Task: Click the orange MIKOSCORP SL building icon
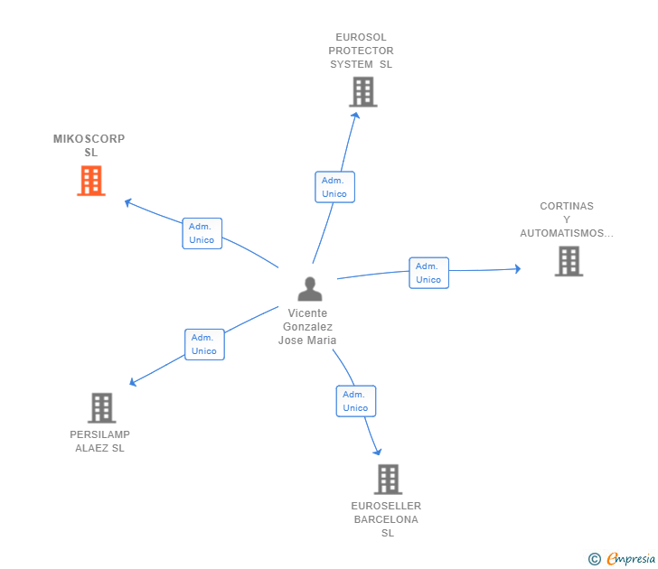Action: click(90, 181)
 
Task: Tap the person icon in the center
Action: click(310, 289)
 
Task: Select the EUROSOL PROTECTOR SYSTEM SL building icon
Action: click(362, 91)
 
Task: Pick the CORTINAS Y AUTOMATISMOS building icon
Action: click(569, 261)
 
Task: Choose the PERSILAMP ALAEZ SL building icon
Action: click(102, 408)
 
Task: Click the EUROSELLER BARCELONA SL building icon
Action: click(388, 479)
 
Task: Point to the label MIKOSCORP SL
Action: click(89, 145)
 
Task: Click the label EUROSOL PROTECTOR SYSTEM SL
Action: click(361, 51)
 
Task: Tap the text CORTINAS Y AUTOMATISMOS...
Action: click(567, 219)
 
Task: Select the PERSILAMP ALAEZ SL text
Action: click(99, 442)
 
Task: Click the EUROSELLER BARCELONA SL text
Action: click(387, 519)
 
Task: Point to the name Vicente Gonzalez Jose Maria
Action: click(307, 327)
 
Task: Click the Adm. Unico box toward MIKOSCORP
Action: click(202, 233)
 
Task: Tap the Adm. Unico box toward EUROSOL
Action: click(334, 187)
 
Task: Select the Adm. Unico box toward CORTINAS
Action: click(428, 273)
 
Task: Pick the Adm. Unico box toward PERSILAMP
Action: click(204, 344)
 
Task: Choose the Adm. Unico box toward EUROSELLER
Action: click(355, 401)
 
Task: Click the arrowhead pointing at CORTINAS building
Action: click(517, 268)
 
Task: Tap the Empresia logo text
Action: click(631, 559)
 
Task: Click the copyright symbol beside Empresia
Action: click(594, 559)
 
